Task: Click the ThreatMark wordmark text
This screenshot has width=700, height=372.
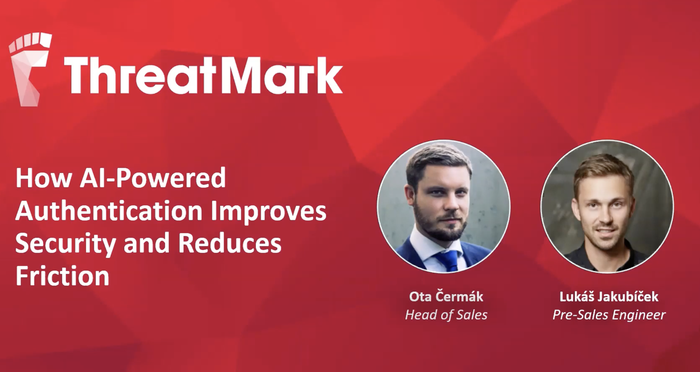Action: [x=203, y=75]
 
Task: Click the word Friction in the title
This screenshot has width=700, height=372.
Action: [x=62, y=275]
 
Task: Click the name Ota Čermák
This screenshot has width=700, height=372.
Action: [x=446, y=296]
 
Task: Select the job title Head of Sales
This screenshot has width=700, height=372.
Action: [x=446, y=315]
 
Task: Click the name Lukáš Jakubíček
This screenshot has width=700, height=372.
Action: [x=609, y=296]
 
